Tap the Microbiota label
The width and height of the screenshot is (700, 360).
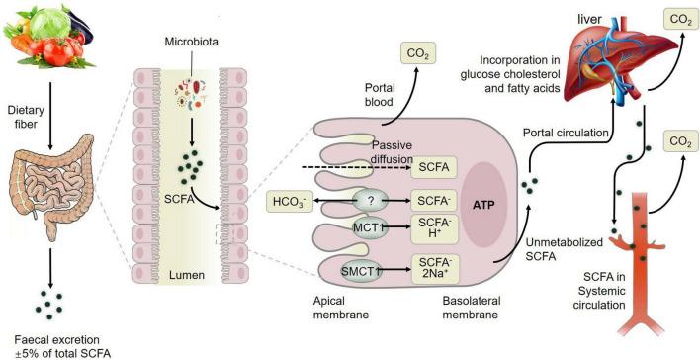[188, 45]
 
